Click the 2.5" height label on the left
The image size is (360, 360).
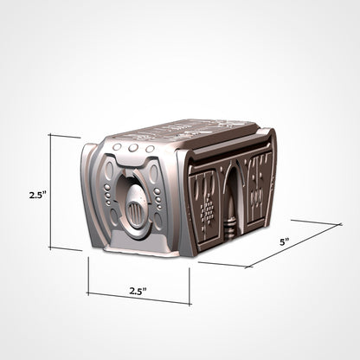tap(35, 196)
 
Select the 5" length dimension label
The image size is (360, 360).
tap(284, 243)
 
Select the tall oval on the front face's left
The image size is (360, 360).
tap(110, 200)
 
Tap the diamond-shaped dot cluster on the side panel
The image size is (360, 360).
tap(207, 212)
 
